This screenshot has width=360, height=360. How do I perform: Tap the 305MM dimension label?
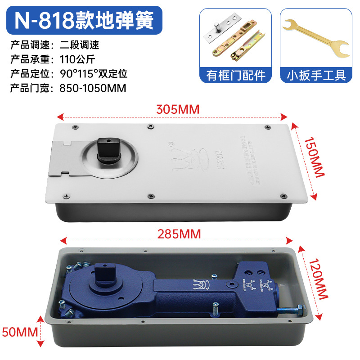coord(177,109)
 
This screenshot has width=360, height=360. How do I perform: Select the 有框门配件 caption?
coord(236,75)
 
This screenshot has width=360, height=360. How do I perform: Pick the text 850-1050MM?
coord(92,87)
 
